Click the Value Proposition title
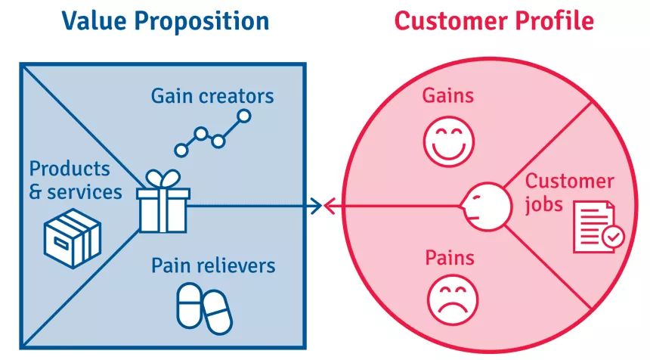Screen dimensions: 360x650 pyautogui.click(x=165, y=20)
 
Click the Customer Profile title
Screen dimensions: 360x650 pyautogui.click(x=494, y=20)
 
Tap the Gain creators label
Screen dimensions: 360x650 pyautogui.click(x=212, y=96)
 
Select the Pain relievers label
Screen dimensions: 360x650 pyautogui.click(x=213, y=265)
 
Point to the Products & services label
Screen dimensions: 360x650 pyautogui.click(x=75, y=180)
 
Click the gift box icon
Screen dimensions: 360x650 pyautogui.click(x=162, y=206)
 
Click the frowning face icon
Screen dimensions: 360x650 pyautogui.click(x=451, y=300)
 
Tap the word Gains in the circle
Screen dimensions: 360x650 pyautogui.click(x=448, y=96)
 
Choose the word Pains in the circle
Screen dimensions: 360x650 pyautogui.click(x=449, y=258)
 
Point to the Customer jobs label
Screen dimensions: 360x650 pyautogui.click(x=569, y=192)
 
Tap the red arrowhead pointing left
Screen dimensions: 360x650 pyautogui.click(x=330, y=205)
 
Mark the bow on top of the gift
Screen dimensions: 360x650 pyautogui.click(x=162, y=179)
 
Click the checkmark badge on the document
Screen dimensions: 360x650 pyautogui.click(x=613, y=238)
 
